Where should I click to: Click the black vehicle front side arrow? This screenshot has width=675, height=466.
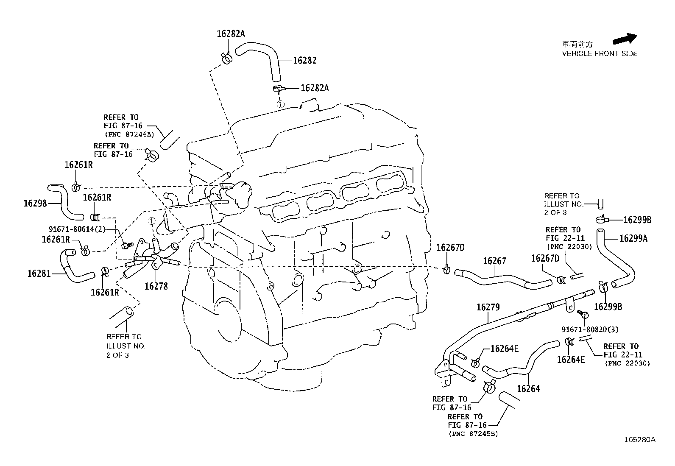(x=625, y=39)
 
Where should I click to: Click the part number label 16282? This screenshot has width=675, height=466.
(x=305, y=61)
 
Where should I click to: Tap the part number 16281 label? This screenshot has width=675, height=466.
(x=39, y=273)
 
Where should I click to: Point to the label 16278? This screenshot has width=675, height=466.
(x=156, y=286)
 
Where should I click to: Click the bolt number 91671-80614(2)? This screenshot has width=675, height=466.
(x=77, y=229)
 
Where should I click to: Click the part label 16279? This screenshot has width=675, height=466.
(x=488, y=307)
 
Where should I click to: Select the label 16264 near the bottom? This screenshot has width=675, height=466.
(x=528, y=388)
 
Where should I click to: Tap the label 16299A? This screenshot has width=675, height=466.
(x=633, y=238)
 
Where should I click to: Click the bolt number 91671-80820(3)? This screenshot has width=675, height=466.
(x=590, y=329)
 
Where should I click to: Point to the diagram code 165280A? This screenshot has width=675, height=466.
(x=639, y=440)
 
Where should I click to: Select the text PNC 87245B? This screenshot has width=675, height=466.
(x=473, y=434)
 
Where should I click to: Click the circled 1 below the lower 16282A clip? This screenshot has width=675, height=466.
(x=280, y=104)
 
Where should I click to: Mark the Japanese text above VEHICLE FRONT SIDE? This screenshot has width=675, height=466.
(x=577, y=44)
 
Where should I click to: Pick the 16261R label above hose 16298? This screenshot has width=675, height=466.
(x=78, y=165)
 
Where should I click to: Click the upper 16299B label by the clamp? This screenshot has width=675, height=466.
(x=637, y=220)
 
